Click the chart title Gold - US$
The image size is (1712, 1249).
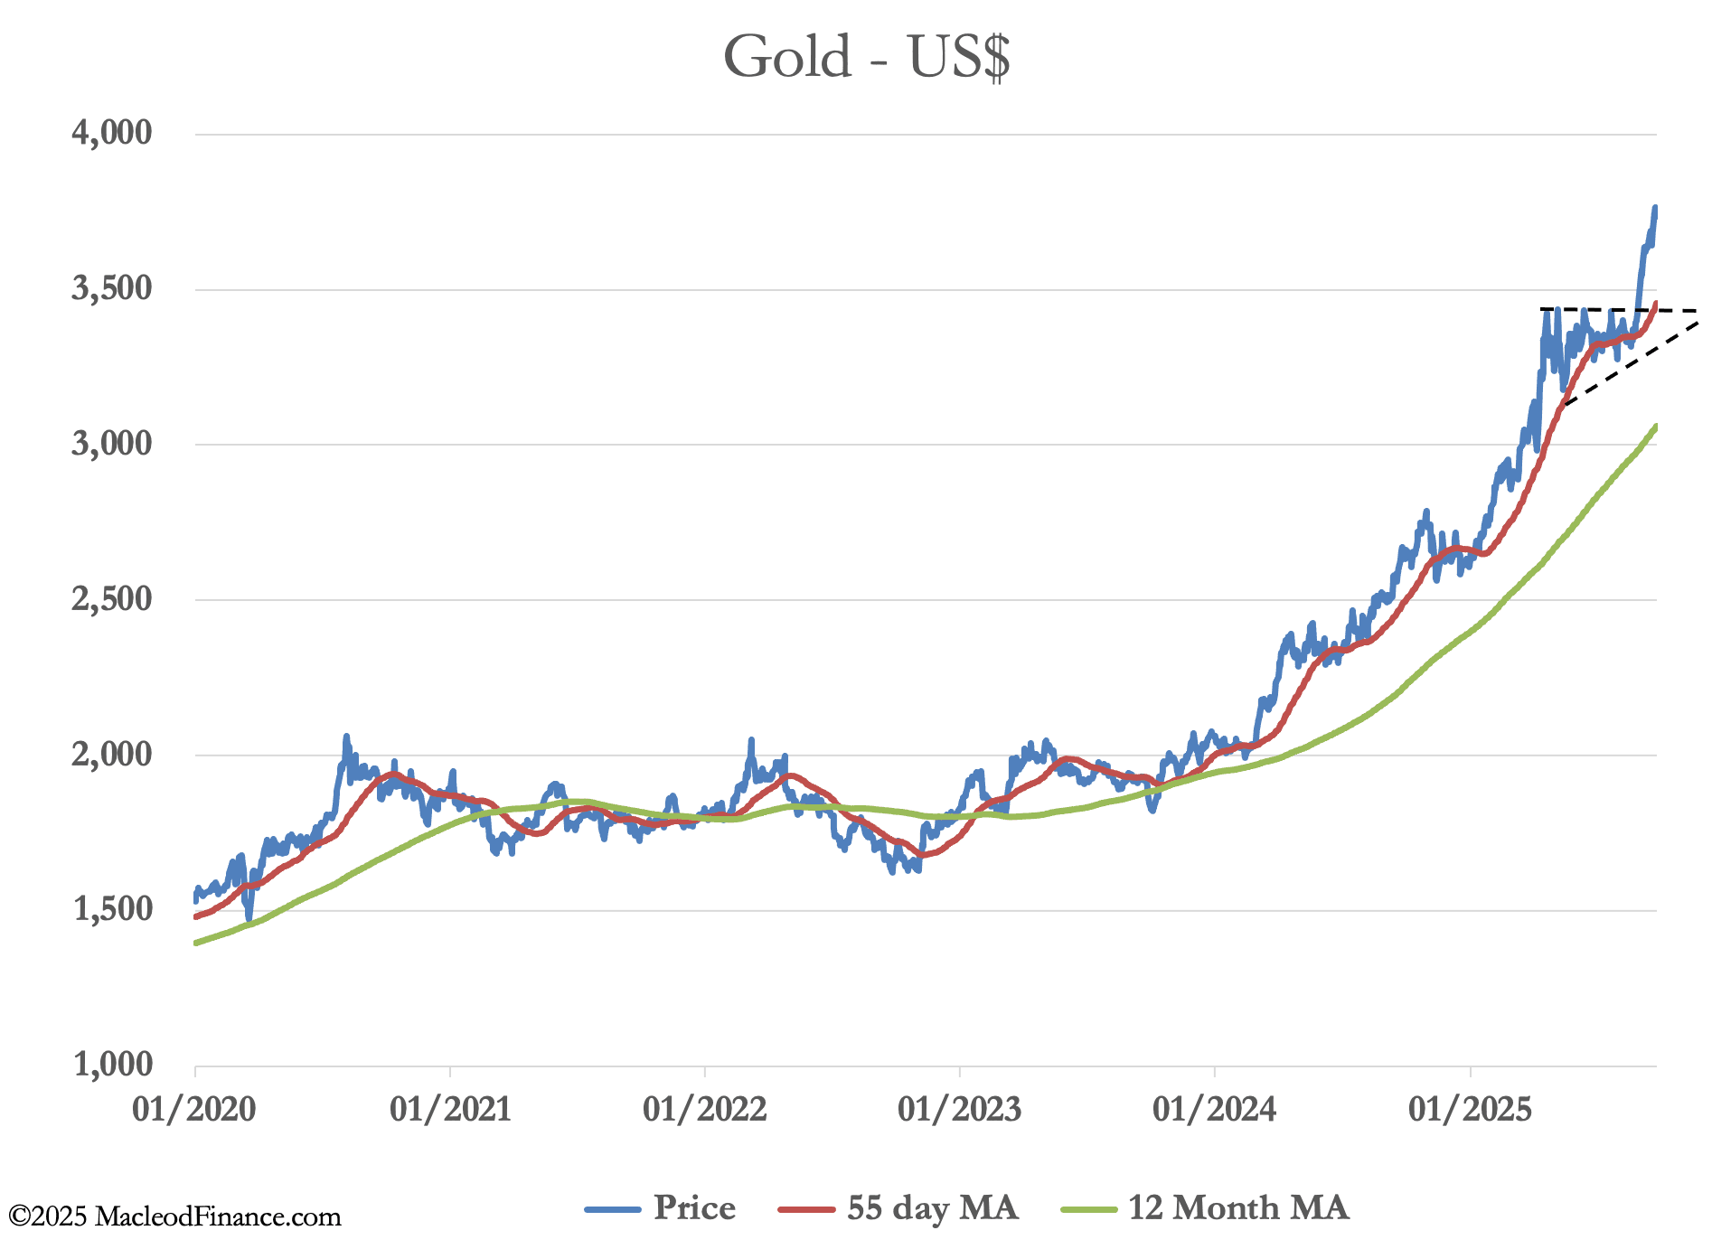click(x=866, y=57)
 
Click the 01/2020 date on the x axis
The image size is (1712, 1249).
click(x=194, y=1109)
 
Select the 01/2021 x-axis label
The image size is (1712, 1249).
click(x=450, y=1109)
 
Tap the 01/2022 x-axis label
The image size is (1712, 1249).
click(x=705, y=1109)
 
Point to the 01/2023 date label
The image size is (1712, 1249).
click(x=960, y=1109)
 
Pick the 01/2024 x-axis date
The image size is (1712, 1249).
click(x=1215, y=1109)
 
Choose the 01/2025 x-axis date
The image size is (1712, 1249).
click(x=1471, y=1109)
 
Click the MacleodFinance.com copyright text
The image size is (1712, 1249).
click(x=175, y=1217)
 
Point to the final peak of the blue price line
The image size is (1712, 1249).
click(x=1655, y=208)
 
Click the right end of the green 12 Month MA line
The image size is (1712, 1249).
click(x=1656, y=426)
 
